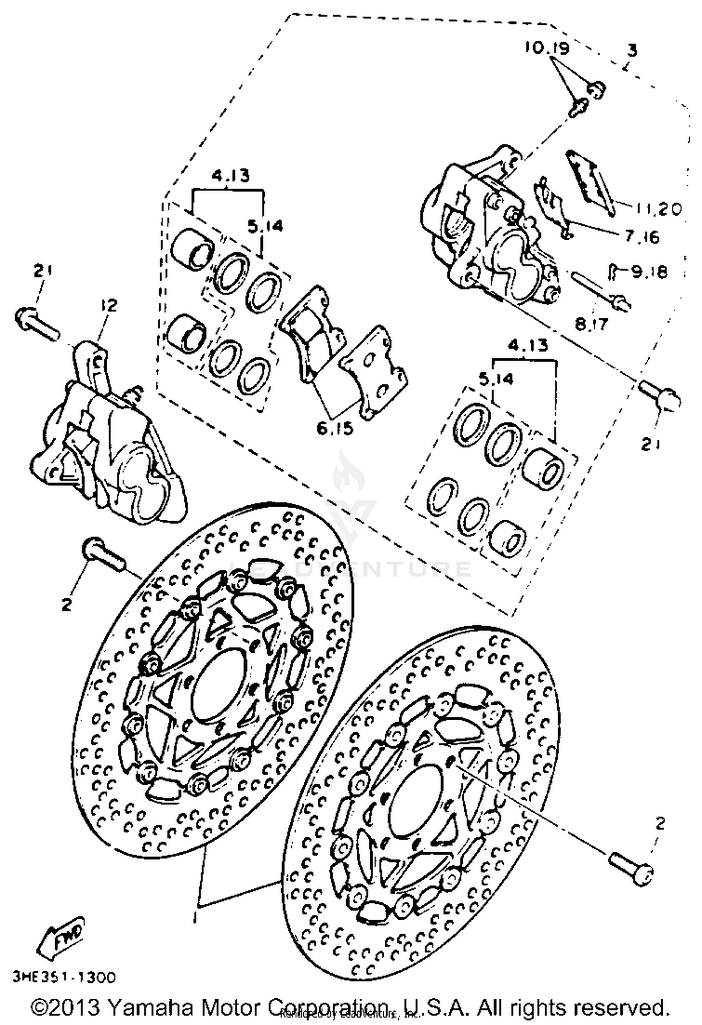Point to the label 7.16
pyautogui.click(x=643, y=237)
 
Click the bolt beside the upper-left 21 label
pyautogui.click(x=37, y=323)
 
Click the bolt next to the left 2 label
pyautogui.click(x=103, y=554)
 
